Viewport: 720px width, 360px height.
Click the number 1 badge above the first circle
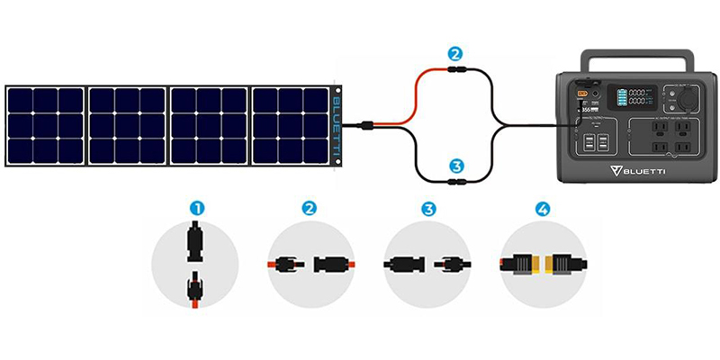coord(196,208)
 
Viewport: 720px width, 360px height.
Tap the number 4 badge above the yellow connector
coord(542,208)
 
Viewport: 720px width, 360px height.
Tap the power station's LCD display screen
coord(627,100)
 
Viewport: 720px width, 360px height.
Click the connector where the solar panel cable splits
coord(369,129)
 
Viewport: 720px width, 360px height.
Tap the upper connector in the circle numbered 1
coord(195,242)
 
